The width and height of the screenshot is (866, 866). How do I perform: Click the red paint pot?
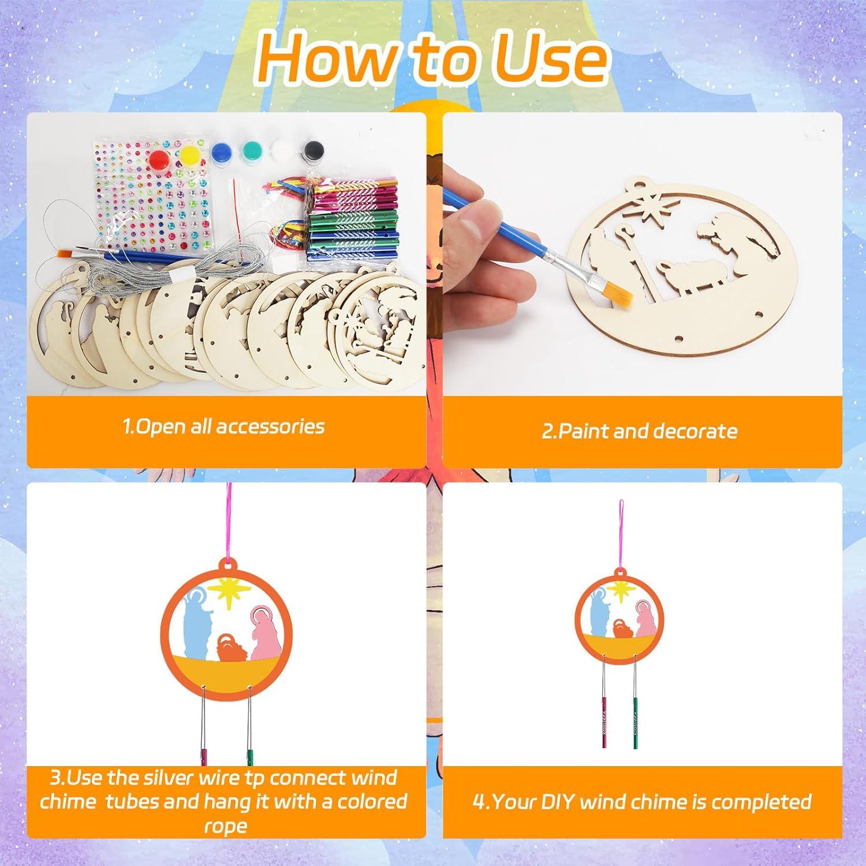coord(163,158)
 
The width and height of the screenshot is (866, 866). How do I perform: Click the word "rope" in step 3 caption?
coord(225,826)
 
